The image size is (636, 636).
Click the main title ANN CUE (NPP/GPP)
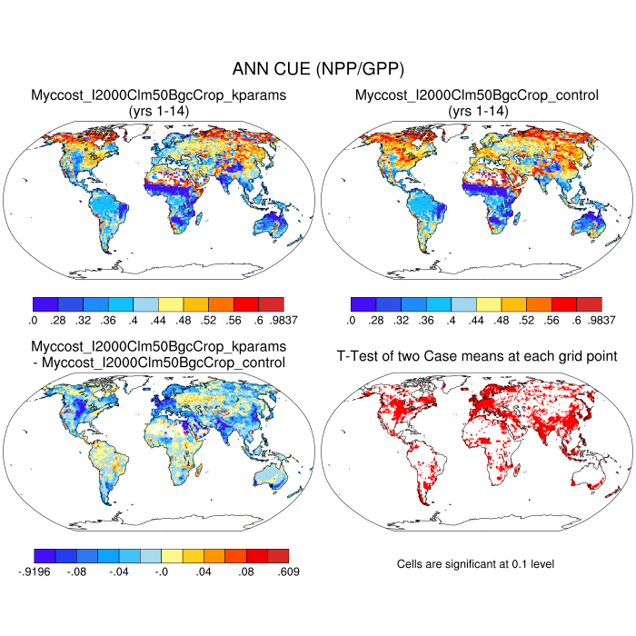click(318, 69)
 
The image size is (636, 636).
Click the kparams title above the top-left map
click(159, 94)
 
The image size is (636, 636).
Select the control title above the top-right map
click(477, 94)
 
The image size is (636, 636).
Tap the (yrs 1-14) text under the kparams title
click(159, 110)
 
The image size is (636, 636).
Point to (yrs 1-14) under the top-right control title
click(477, 110)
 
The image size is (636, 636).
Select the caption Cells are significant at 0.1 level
click(476, 564)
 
